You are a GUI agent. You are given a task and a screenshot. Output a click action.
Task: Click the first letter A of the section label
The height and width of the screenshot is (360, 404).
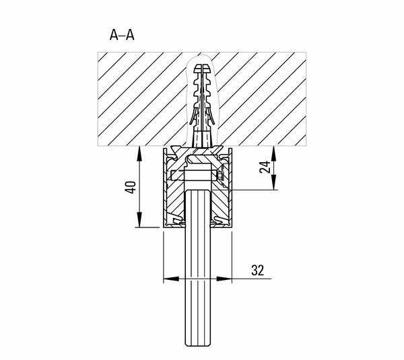[x=114, y=35]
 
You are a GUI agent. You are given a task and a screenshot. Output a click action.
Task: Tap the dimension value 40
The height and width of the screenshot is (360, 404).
[x=131, y=187]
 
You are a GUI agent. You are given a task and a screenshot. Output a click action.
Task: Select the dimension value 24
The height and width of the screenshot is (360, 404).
[x=265, y=167]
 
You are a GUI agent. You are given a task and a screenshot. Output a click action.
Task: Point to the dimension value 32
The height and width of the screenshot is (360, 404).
[x=258, y=270]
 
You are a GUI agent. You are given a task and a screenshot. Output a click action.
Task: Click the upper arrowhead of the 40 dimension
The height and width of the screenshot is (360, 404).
[x=139, y=153]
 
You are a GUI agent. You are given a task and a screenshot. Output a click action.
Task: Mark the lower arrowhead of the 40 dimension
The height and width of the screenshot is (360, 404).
[x=139, y=219]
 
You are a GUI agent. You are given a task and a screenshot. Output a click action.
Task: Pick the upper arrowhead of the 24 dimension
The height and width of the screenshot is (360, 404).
[x=273, y=153]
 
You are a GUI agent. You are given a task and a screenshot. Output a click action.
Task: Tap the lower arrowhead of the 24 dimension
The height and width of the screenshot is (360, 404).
[x=273, y=182]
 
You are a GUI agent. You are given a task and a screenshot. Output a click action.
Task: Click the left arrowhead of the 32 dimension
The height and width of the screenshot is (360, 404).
[x=171, y=279]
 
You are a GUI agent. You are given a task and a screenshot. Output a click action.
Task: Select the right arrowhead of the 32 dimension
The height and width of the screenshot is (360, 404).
[x=224, y=279]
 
